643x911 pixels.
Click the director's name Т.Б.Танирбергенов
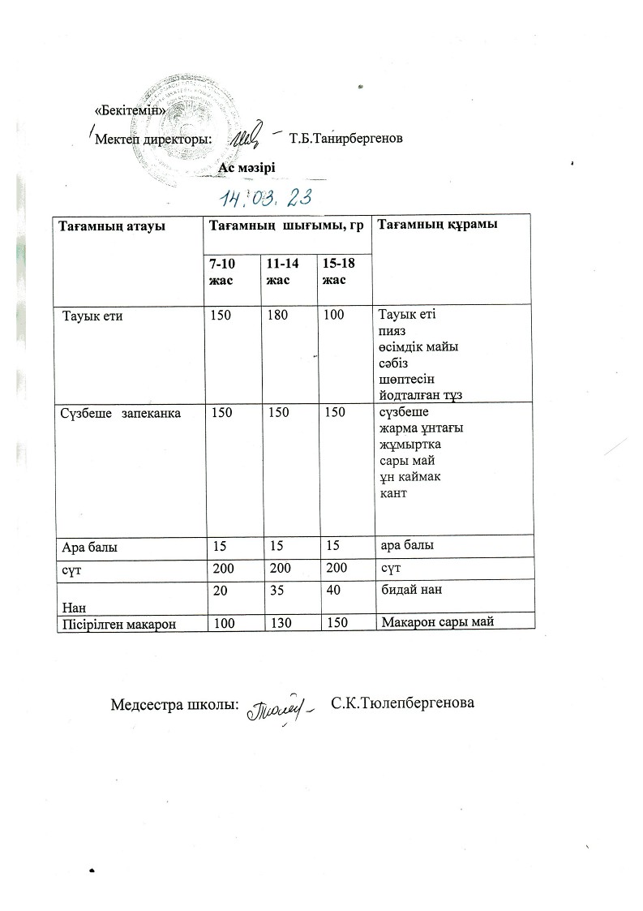click(x=346, y=138)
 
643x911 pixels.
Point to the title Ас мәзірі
click(x=246, y=167)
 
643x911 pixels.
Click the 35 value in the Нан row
click(x=274, y=591)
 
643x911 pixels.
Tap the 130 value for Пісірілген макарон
click(x=278, y=622)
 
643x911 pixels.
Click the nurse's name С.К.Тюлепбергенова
click(x=403, y=701)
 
